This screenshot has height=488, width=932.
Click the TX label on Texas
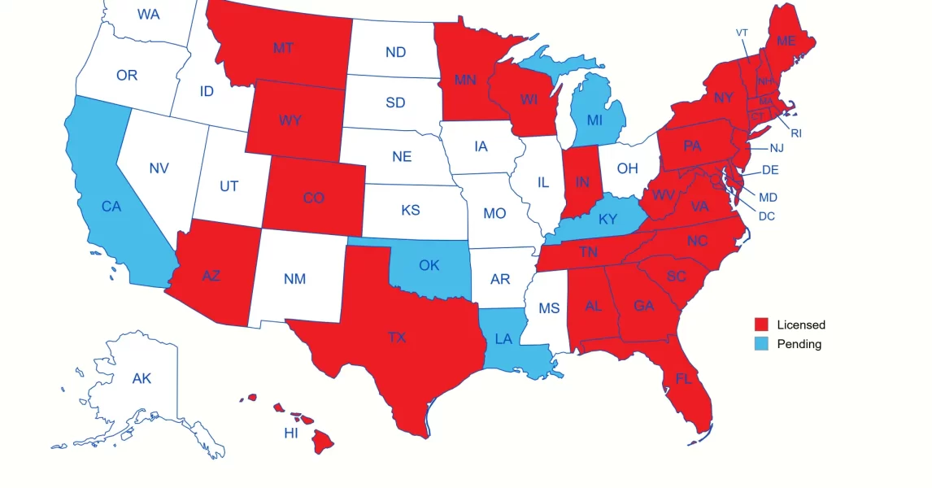[396, 337]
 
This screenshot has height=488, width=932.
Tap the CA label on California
[111, 207]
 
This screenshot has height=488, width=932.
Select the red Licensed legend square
[761, 325]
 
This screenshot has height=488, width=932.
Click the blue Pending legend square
[761, 344]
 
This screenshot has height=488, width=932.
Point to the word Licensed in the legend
[801, 325]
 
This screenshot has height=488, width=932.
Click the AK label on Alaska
[142, 378]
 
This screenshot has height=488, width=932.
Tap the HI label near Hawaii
[291, 433]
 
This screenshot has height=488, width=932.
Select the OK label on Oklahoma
[429, 265]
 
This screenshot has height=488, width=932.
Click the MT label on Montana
[283, 48]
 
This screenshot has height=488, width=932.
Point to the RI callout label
[796, 133]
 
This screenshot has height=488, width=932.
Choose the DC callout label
[767, 216]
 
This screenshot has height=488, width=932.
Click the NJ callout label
[777, 148]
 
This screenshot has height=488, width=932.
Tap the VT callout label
[742, 33]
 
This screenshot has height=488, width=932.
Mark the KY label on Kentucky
[608, 220]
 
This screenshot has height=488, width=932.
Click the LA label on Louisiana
[503, 338]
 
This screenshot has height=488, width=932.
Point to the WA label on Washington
[148, 14]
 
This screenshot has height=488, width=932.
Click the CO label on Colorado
[313, 198]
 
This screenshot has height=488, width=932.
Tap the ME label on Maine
[786, 41]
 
